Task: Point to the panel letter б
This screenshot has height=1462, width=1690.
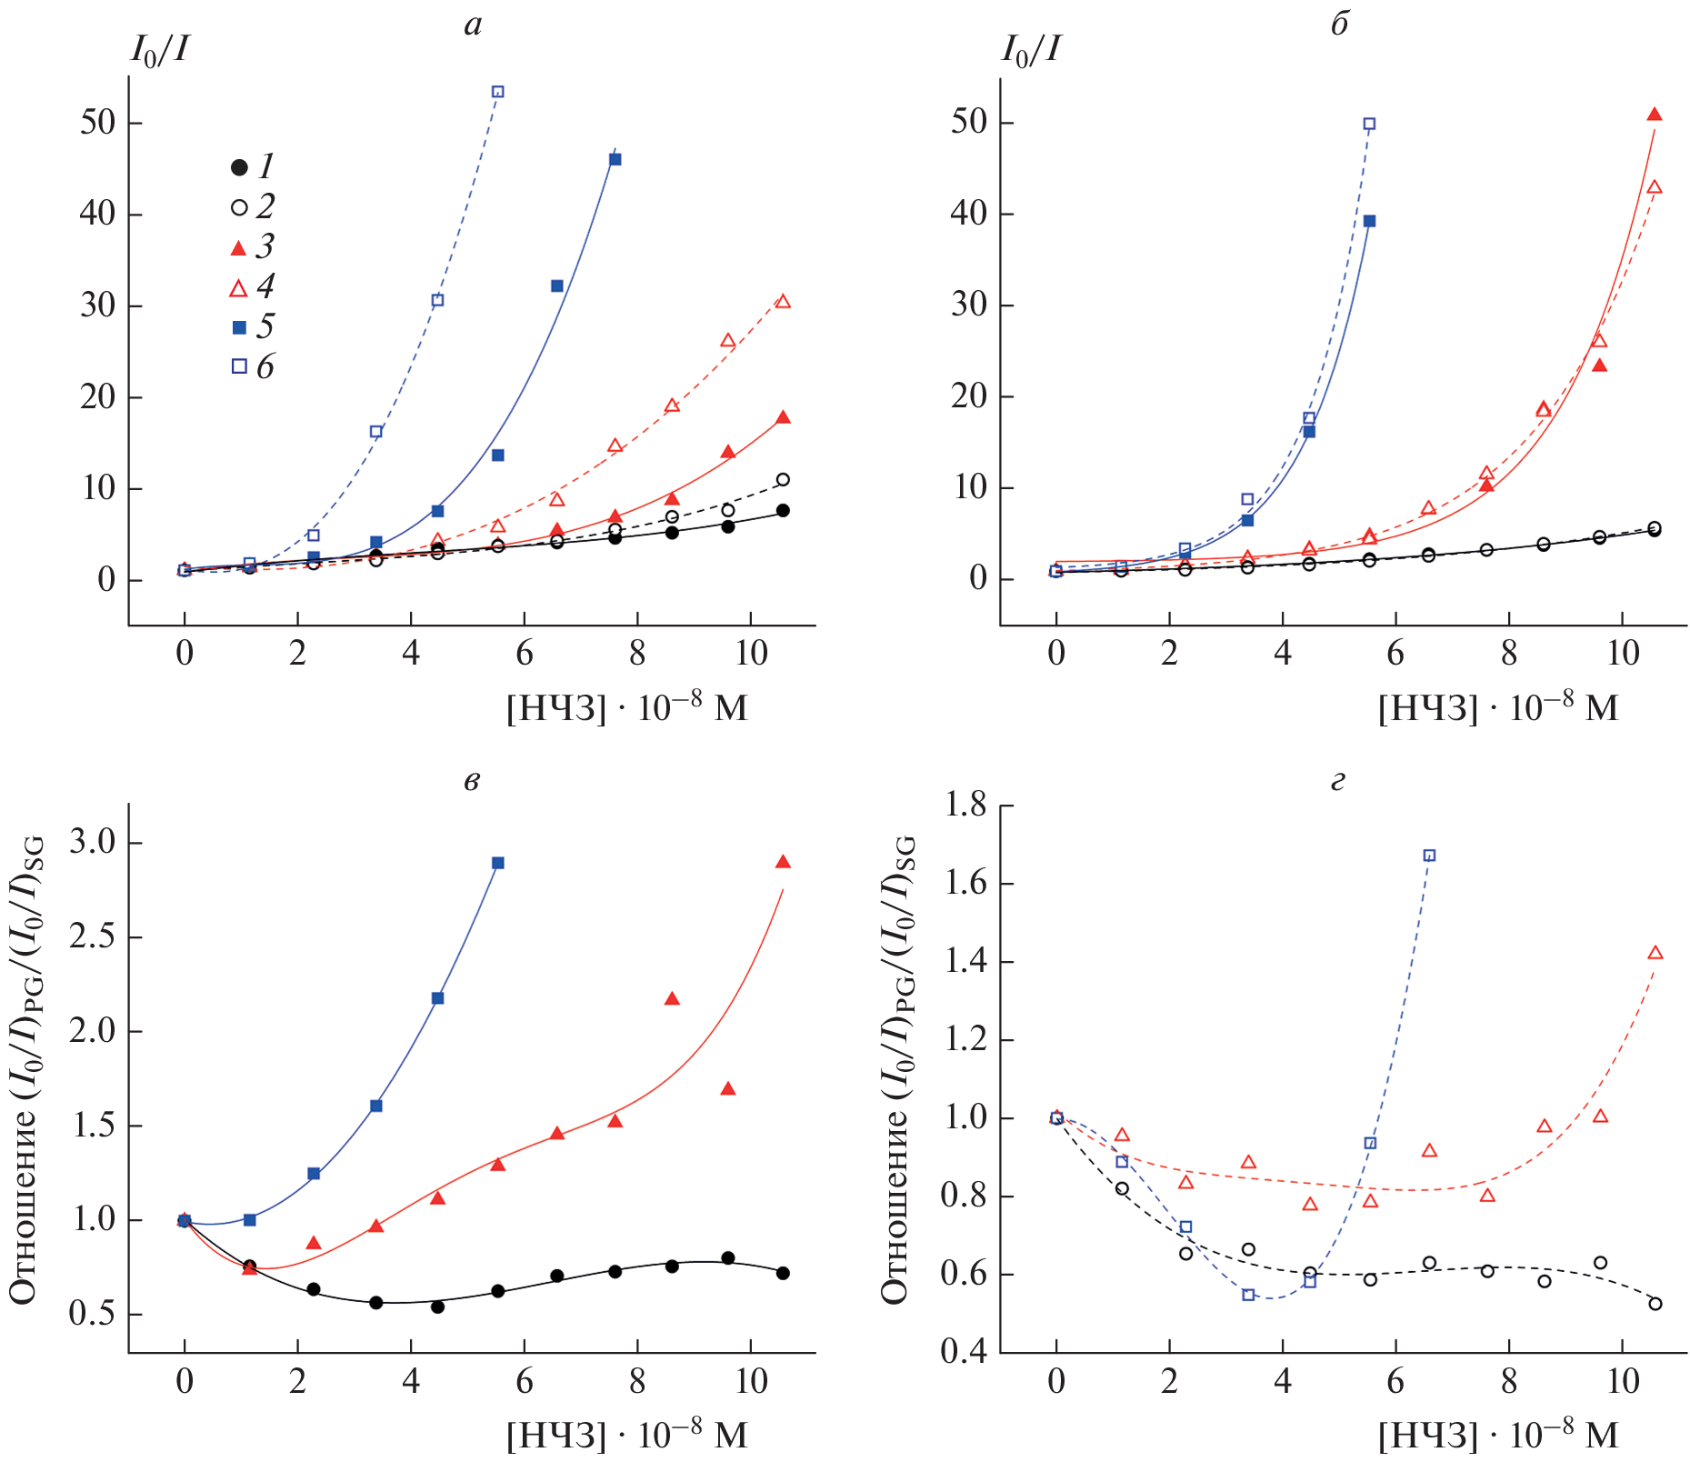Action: (x=1339, y=24)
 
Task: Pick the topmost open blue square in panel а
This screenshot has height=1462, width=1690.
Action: (x=497, y=92)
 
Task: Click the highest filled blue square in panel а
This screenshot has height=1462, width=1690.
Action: (x=615, y=159)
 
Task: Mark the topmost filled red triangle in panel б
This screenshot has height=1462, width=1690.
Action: (x=1655, y=115)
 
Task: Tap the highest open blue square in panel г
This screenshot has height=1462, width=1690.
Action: (x=1429, y=856)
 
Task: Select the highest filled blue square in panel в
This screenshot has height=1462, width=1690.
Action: (x=497, y=863)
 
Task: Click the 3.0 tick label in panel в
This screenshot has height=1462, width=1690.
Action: (x=94, y=843)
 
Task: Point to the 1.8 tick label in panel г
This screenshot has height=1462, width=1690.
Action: (x=965, y=805)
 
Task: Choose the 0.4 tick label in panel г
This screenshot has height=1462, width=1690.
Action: (x=965, y=1352)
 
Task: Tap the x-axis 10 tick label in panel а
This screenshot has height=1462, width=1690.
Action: (x=751, y=653)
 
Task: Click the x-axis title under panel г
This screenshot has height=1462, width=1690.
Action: (x=1498, y=1435)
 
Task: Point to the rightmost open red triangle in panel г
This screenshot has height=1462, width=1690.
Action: (x=1655, y=953)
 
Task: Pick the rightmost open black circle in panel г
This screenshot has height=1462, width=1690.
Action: (x=1655, y=1304)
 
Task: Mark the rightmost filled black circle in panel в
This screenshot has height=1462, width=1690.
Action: (x=783, y=1273)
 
